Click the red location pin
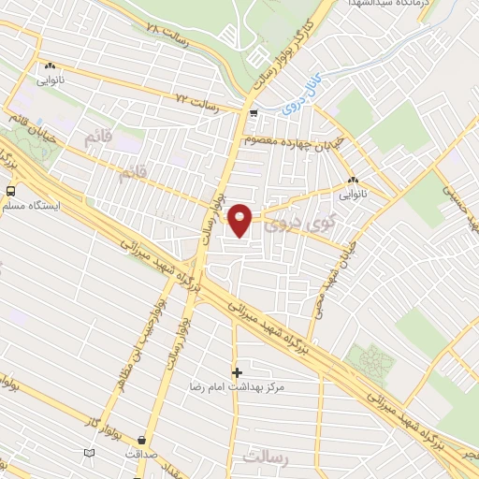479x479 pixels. [242, 220]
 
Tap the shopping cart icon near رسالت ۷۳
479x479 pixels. [254, 113]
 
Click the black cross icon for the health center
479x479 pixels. [237, 372]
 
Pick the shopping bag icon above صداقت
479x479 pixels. [141, 439]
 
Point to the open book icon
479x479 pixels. [90, 453]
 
